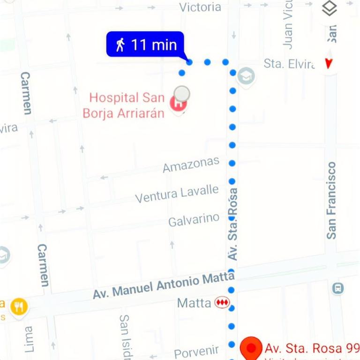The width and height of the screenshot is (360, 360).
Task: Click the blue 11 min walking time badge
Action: tap(145, 45)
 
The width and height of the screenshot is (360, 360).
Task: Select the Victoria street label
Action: tap(200, 7)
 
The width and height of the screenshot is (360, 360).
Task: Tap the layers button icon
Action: tap(330, 8)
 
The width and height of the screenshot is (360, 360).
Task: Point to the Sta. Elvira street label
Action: tap(289, 64)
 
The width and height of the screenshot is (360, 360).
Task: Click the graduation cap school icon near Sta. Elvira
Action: tap(246, 75)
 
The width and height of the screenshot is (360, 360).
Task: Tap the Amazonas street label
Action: tap(191, 165)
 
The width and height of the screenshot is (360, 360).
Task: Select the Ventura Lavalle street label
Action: tap(177, 193)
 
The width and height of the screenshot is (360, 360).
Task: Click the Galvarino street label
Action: tap(194, 220)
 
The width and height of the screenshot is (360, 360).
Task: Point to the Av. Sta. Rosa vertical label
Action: tap(232, 225)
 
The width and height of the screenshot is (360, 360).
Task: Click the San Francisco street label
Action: tap(331, 200)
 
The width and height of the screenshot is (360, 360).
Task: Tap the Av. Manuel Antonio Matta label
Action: tap(163, 285)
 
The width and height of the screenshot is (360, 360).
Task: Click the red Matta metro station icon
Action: tap(222, 303)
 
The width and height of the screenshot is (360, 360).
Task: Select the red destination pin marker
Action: tap(251, 348)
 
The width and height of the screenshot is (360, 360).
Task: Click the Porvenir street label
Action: tap(196, 352)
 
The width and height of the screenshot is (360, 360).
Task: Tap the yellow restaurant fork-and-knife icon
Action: tap(19, 307)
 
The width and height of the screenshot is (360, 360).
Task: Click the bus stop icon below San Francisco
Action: tap(337, 288)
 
